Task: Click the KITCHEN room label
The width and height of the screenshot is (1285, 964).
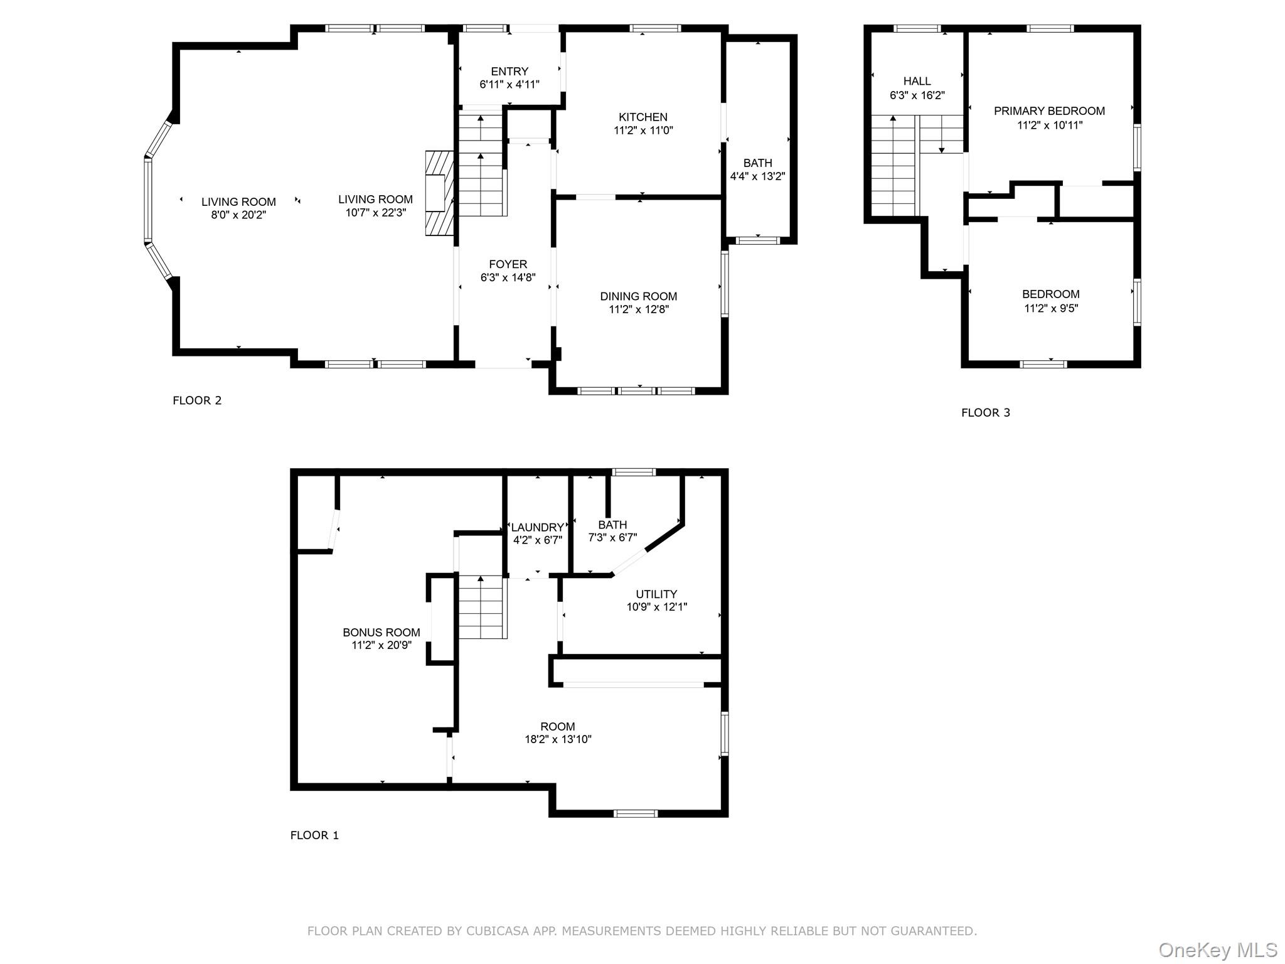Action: [642, 117]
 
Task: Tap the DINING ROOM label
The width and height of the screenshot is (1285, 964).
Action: [638, 296]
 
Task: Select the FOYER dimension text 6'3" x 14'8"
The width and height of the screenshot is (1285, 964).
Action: [508, 277]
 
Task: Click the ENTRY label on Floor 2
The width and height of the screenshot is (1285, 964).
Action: [509, 72]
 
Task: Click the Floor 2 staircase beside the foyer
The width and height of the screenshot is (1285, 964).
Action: [481, 166]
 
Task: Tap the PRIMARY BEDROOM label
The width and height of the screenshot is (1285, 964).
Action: [1049, 111]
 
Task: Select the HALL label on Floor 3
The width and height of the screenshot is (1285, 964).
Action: [917, 81]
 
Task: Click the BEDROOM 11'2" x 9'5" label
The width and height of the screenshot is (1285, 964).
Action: [1050, 294]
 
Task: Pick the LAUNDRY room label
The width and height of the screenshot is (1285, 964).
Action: [537, 527]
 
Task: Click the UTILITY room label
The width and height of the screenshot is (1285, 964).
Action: [656, 594]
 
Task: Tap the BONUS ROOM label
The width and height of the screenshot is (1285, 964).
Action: [381, 632]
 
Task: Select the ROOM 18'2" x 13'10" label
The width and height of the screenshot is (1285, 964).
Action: [557, 727]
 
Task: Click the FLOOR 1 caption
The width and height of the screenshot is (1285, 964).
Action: [314, 835]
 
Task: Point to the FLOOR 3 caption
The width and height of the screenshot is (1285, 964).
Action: [985, 412]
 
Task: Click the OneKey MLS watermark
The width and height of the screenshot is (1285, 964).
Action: [1217, 950]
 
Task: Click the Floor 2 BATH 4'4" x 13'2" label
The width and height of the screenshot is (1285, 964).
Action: [757, 163]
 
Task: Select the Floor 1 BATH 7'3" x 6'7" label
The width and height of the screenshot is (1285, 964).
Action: [612, 525]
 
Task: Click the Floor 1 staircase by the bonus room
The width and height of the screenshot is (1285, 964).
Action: [481, 608]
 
